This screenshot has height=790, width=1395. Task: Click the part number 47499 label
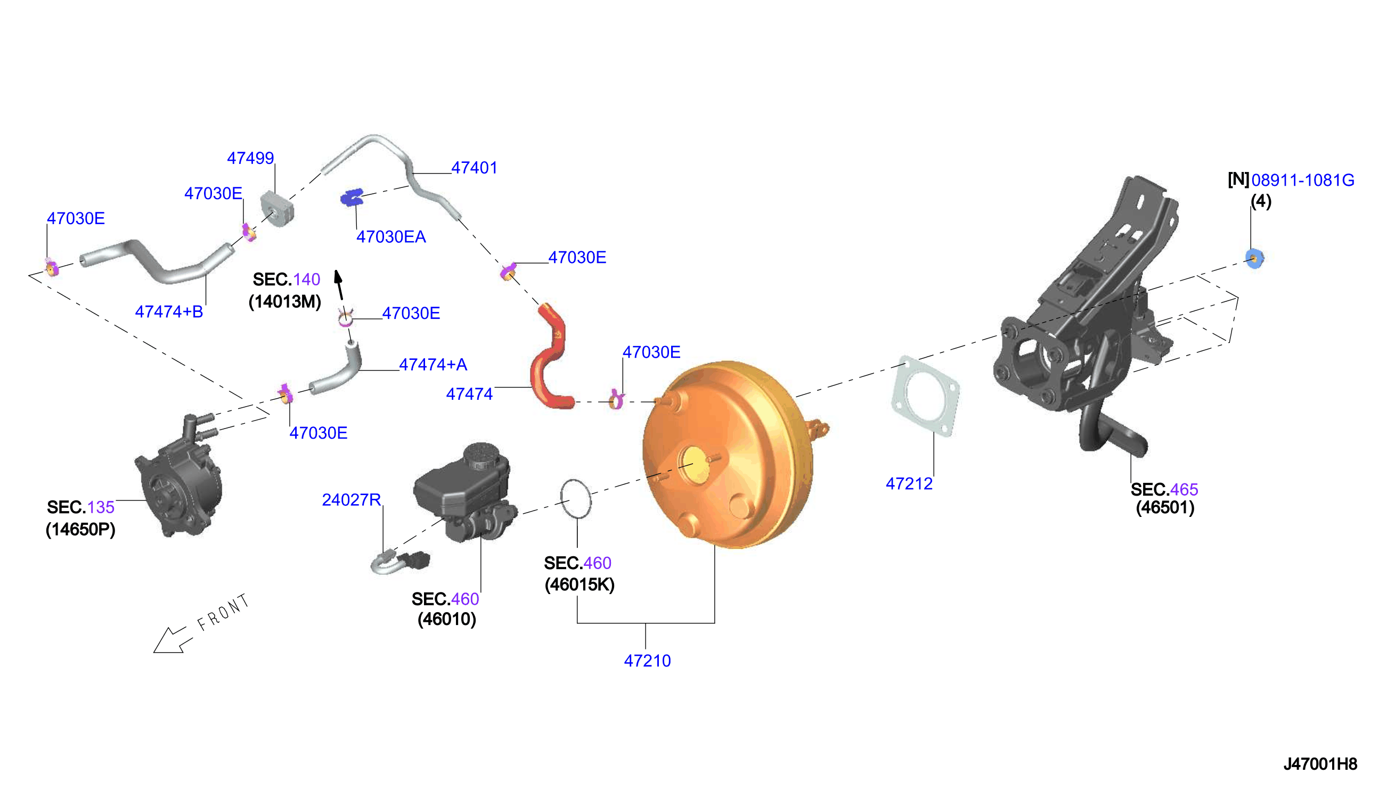coord(250,158)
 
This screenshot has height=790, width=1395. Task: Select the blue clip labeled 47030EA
coord(352,197)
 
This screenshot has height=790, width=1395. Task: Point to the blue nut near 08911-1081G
coord(1254,258)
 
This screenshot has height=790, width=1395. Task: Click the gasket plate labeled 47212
coord(925,396)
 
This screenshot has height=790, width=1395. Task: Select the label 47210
coord(647,660)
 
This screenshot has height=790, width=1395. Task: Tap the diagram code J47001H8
coord(1320,764)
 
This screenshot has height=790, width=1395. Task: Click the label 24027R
coord(351,499)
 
